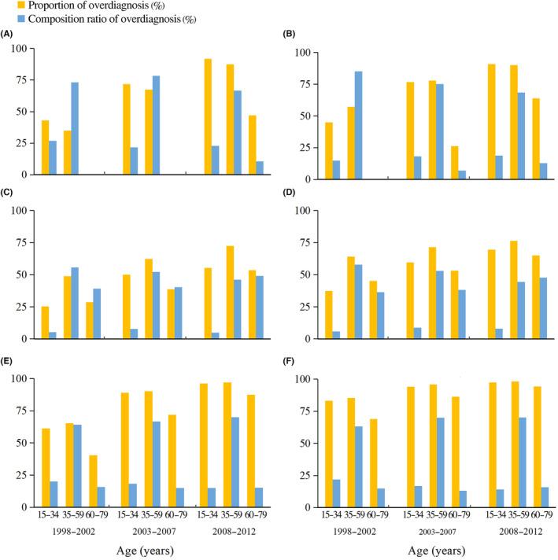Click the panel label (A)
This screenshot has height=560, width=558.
(x=8, y=35)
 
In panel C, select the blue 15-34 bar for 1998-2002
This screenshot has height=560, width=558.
(x=52, y=335)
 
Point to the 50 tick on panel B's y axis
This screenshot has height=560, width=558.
(x=307, y=116)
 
